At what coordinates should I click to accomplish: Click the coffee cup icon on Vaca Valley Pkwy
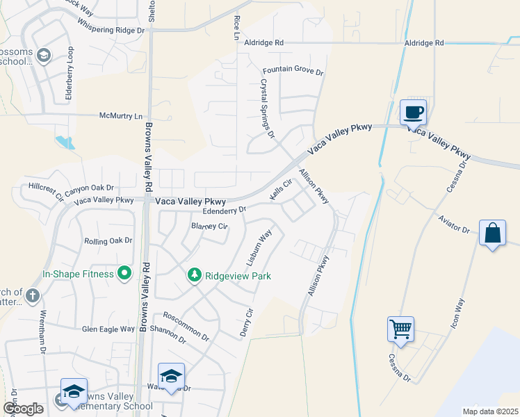pos(413,111)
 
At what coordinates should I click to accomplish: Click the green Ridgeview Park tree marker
pos(195,276)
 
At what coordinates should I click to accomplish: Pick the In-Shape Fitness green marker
pos(125,274)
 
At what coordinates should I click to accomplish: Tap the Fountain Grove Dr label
pos(293,72)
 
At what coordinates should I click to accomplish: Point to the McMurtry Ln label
pos(124,115)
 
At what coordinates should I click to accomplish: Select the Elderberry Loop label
pos(70,74)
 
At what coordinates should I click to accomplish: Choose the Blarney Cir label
pos(210,227)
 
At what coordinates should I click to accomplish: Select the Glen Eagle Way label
pos(108,329)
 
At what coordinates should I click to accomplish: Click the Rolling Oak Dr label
pos(108,240)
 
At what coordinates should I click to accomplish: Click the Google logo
pos(24,409)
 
